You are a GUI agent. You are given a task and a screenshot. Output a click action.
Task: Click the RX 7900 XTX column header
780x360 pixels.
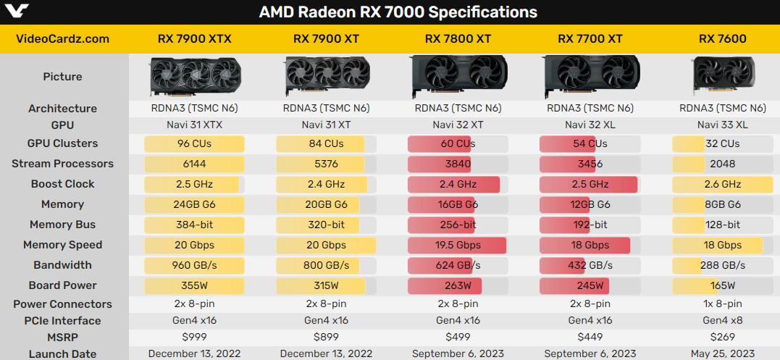(x=194, y=38)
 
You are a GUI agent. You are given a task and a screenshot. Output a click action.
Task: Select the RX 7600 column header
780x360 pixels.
(x=722, y=38)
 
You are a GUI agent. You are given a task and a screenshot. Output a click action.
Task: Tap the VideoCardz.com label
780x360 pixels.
(x=62, y=38)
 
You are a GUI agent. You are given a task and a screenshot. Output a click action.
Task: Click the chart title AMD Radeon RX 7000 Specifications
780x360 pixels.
(x=398, y=12)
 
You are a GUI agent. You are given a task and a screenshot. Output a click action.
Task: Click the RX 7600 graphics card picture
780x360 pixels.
(x=722, y=75)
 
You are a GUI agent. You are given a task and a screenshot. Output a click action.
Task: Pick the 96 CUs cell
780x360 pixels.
(x=194, y=143)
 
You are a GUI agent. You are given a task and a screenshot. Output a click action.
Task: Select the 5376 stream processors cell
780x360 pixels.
(x=326, y=164)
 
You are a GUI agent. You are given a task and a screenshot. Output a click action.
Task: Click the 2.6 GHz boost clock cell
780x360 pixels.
(x=721, y=184)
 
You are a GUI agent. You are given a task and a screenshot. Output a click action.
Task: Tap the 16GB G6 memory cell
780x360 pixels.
(x=458, y=204)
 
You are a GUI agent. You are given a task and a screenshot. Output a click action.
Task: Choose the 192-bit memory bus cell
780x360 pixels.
(x=590, y=225)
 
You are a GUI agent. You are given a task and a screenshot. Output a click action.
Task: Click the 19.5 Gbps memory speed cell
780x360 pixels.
(x=458, y=245)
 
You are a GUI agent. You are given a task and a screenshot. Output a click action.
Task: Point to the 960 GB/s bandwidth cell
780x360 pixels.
(x=194, y=265)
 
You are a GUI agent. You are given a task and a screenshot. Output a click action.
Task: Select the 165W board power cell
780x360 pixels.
(x=722, y=285)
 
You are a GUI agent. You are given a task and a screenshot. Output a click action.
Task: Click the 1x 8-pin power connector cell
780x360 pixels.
(x=722, y=304)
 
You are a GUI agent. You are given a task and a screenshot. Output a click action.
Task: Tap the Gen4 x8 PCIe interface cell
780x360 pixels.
(x=722, y=321)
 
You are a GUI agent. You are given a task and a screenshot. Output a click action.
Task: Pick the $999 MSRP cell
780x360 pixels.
(x=194, y=337)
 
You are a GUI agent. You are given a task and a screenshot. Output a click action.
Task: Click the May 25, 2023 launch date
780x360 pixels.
(x=722, y=353)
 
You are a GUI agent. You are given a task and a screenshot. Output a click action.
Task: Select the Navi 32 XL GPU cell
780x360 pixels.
(x=590, y=125)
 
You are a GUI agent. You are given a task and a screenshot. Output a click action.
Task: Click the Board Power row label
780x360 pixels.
(x=62, y=285)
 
